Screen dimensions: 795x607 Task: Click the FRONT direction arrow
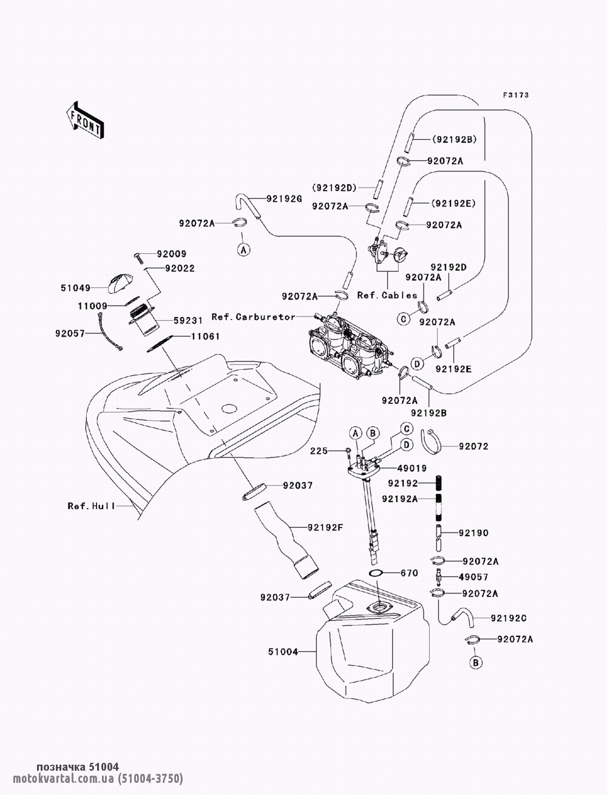[84, 119]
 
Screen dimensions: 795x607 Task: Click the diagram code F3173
[516, 95]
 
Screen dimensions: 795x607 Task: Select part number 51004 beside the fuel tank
[283, 652]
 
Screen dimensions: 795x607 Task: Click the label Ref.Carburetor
[253, 317]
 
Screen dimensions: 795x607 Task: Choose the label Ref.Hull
[91, 505]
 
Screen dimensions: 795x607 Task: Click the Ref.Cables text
[387, 296]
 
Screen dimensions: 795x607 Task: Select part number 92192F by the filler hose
[325, 527]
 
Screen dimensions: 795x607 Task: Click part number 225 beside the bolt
[319, 451]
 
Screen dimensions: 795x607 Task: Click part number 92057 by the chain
[70, 333]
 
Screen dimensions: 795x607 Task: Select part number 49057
[473, 577]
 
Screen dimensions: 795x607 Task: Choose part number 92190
[473, 533]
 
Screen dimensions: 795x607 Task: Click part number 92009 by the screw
[172, 254]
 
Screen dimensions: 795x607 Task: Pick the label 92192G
[284, 198]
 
